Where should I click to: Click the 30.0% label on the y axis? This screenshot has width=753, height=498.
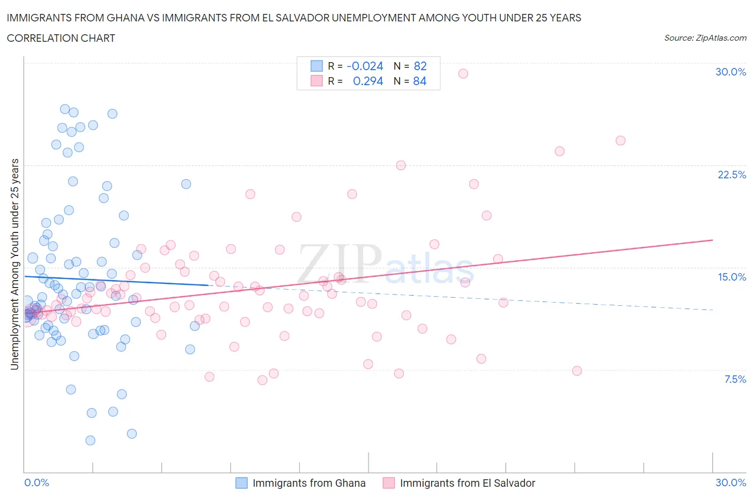point(731,72)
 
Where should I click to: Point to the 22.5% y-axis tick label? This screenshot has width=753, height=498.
point(732,175)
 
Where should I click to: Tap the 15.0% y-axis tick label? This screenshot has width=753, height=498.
point(732,277)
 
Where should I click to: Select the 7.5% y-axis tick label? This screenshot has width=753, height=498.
point(735,379)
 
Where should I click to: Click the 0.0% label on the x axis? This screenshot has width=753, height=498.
point(36,482)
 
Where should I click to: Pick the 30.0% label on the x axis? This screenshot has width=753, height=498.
point(731,482)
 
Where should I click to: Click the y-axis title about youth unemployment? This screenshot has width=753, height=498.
point(15,264)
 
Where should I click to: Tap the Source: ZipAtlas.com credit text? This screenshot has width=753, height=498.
point(705,37)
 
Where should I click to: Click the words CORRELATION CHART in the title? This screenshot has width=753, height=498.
point(61,38)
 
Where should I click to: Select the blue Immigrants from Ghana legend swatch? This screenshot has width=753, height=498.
point(242,483)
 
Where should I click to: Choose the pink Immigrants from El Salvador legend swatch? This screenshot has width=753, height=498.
point(389,483)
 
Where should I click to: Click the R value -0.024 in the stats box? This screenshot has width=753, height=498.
point(365,66)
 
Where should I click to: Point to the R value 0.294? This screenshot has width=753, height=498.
point(368,81)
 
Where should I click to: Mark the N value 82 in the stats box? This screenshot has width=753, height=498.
point(420,66)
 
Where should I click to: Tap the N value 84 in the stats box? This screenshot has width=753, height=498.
point(420,81)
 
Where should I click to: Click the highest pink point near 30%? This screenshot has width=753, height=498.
point(463,73)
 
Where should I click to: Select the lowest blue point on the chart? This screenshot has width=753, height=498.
point(91,440)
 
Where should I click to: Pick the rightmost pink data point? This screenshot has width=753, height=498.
point(620,140)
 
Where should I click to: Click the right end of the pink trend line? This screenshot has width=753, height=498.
point(712,240)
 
